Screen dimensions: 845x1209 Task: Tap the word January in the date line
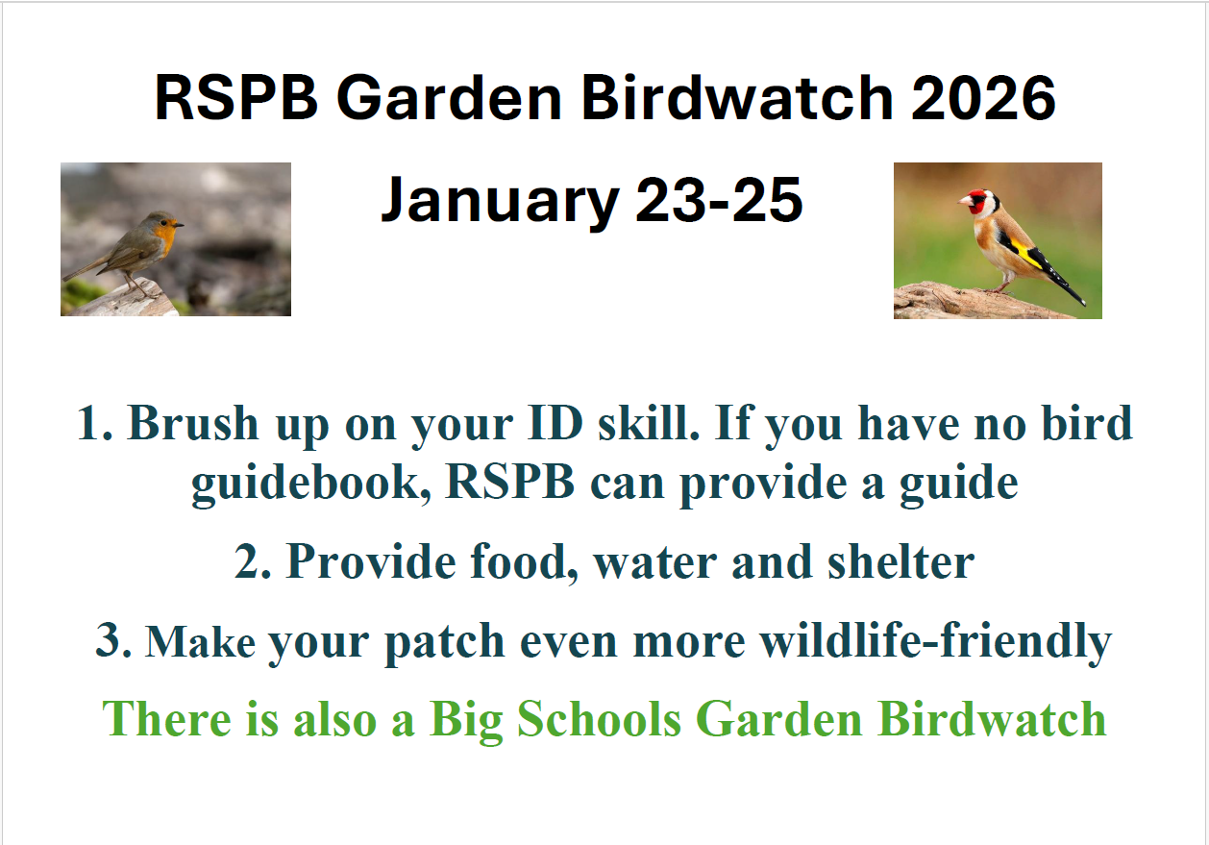[499, 200]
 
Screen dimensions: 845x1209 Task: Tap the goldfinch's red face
[977, 203]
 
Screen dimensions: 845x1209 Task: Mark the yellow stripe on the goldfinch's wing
[1026, 255]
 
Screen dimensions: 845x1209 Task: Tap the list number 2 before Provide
[251, 561]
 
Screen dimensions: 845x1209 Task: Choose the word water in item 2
[656, 561]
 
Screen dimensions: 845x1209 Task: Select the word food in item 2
[524, 561]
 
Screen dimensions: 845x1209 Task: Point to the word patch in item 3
[444, 641]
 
